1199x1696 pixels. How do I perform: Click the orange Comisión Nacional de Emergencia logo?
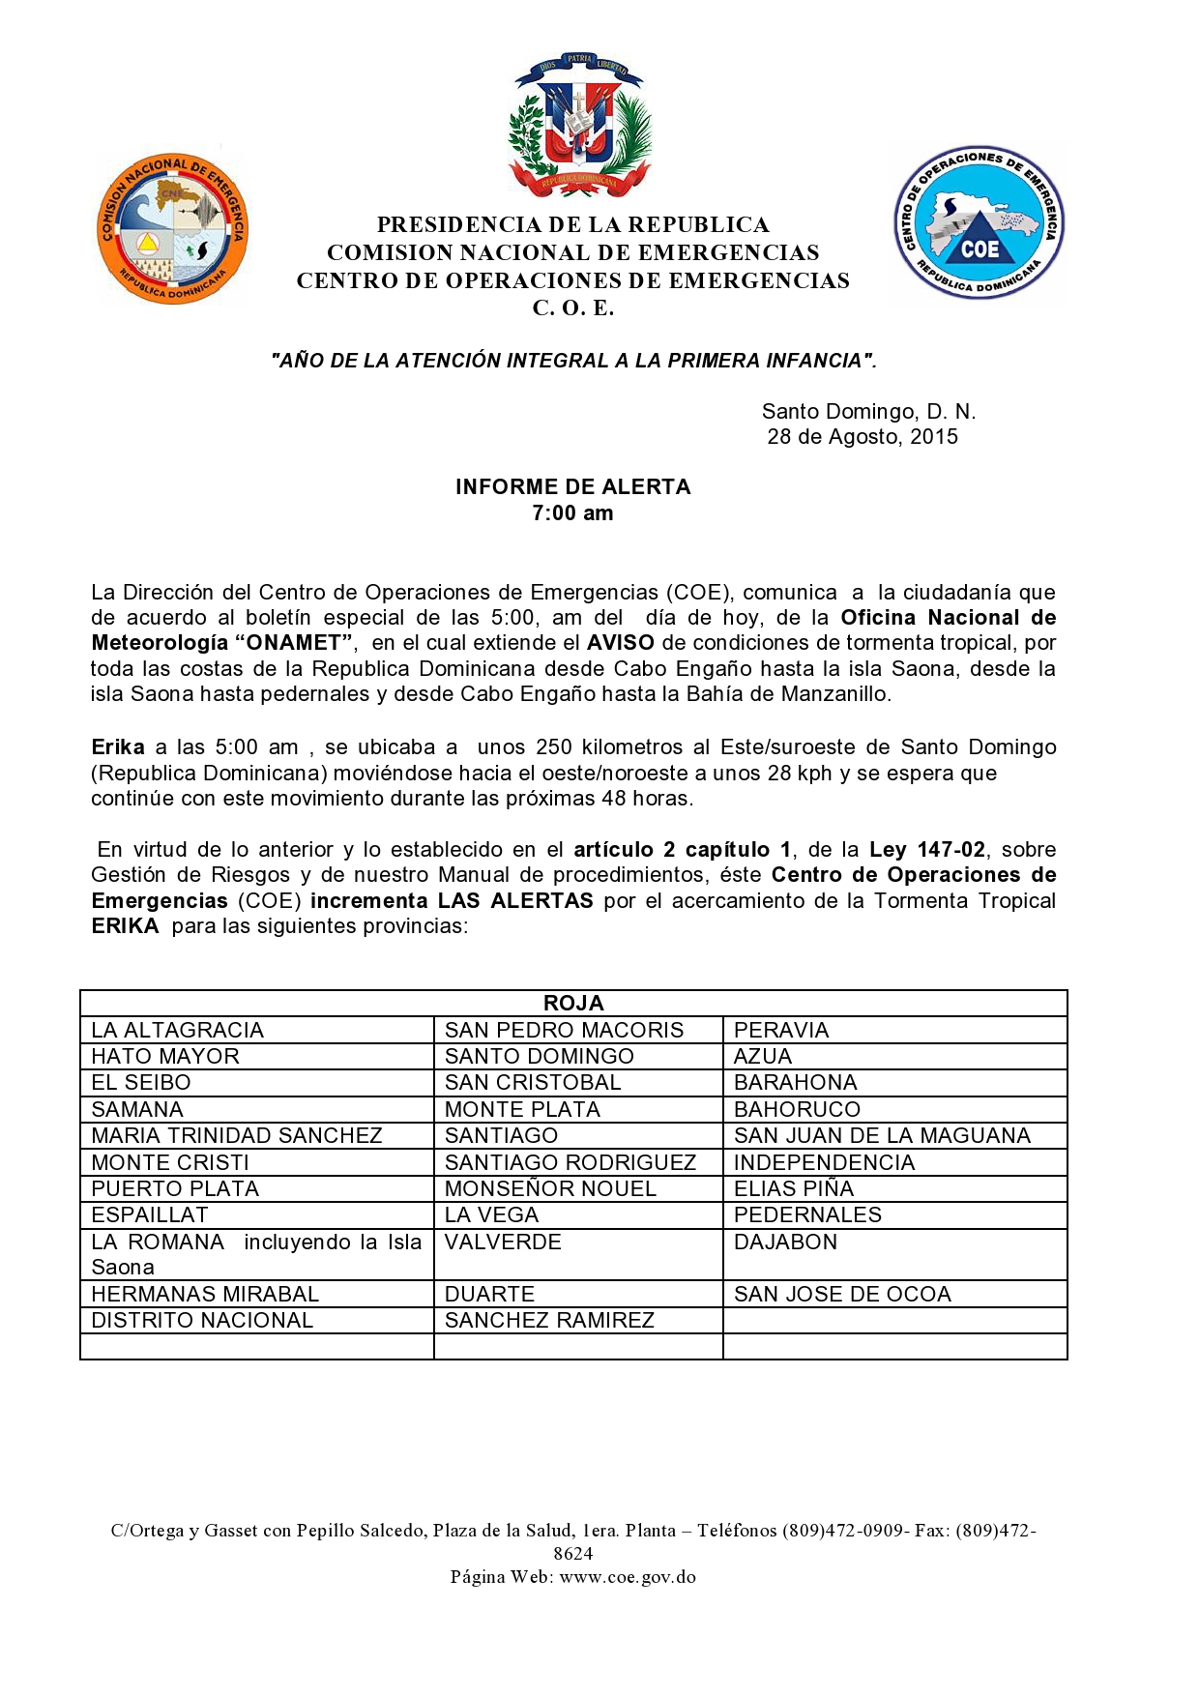pos(173,229)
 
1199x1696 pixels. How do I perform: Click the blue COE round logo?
pos(979,223)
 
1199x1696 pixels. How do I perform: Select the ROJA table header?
pos(573,1003)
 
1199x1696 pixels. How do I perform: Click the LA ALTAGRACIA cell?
pos(177,1030)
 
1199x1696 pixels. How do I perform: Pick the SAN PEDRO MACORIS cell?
pos(564,1030)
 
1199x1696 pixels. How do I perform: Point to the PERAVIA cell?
pos(781,1030)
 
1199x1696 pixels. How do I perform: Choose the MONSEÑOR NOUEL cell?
pos(550,1188)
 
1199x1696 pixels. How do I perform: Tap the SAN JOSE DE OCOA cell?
pos(842,1294)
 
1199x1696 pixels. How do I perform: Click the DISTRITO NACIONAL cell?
pos(202,1320)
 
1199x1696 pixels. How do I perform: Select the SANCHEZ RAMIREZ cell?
pos(549,1320)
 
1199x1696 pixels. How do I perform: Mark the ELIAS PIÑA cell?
pos(794,1188)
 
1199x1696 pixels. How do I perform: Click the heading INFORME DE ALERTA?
pos(573,486)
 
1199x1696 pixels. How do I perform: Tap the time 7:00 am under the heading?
pos(572,513)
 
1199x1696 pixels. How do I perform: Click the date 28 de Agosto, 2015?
pos(863,437)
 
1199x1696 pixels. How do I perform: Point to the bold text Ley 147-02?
pos(926,849)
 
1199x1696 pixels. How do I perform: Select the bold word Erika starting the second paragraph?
pos(117,746)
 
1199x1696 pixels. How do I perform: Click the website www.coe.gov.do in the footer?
pos(628,1576)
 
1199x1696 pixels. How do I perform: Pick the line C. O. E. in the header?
pos(573,308)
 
